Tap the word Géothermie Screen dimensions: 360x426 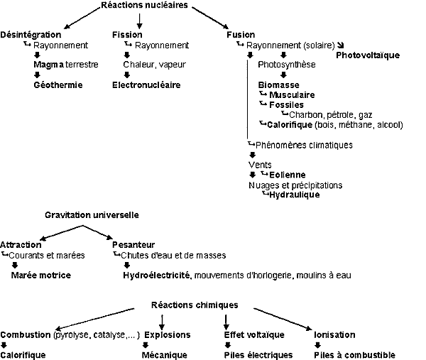pyautogui.click(x=58, y=84)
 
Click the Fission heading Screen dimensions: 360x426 pyautogui.click(x=127, y=34)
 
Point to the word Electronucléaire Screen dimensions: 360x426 pyautogui.click(x=146, y=84)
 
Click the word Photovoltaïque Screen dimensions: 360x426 pyautogui.click(x=368, y=55)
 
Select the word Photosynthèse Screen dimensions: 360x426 pyautogui.click(x=287, y=65)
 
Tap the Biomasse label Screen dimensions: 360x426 pyautogui.click(x=278, y=84)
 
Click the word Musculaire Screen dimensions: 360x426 pyautogui.click(x=293, y=94)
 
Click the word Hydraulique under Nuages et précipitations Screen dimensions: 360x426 pyautogui.click(x=294, y=195)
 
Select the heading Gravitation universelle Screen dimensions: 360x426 pyautogui.click(x=92, y=214)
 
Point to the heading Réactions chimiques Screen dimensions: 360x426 pyautogui.click(x=195, y=305)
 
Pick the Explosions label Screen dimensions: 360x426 pyautogui.click(x=168, y=334)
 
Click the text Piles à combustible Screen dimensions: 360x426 pyautogui.click(x=354, y=354)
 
